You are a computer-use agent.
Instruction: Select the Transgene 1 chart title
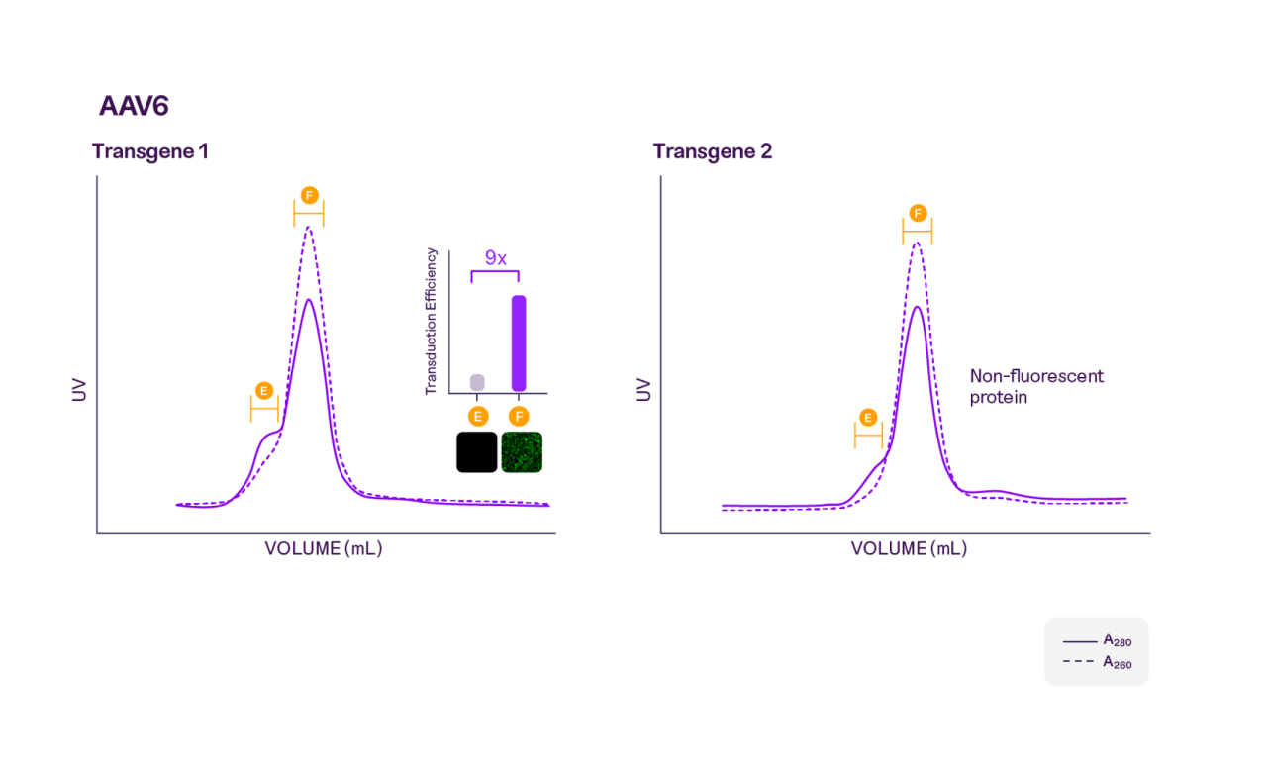point(150,151)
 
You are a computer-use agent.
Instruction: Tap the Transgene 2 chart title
point(713,151)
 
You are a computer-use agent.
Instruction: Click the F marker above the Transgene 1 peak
point(309,195)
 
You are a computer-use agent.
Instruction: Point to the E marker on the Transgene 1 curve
point(264,390)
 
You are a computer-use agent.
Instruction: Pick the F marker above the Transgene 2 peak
point(918,213)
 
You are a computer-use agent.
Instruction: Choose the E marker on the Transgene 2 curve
point(868,417)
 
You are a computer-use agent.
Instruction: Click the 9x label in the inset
point(495,258)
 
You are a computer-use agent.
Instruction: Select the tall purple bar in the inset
point(518,342)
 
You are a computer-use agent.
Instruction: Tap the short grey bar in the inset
point(477,382)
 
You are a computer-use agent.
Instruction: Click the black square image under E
point(476,451)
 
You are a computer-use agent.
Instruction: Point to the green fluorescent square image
point(522,451)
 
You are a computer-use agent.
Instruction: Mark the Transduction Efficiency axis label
point(431,322)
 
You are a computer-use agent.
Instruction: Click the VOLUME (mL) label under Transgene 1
point(323,548)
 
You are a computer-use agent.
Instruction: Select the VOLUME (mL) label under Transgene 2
point(909,548)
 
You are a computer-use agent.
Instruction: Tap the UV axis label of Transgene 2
point(643,390)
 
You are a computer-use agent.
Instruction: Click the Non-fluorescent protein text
point(1036,386)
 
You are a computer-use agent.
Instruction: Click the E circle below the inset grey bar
point(477,416)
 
